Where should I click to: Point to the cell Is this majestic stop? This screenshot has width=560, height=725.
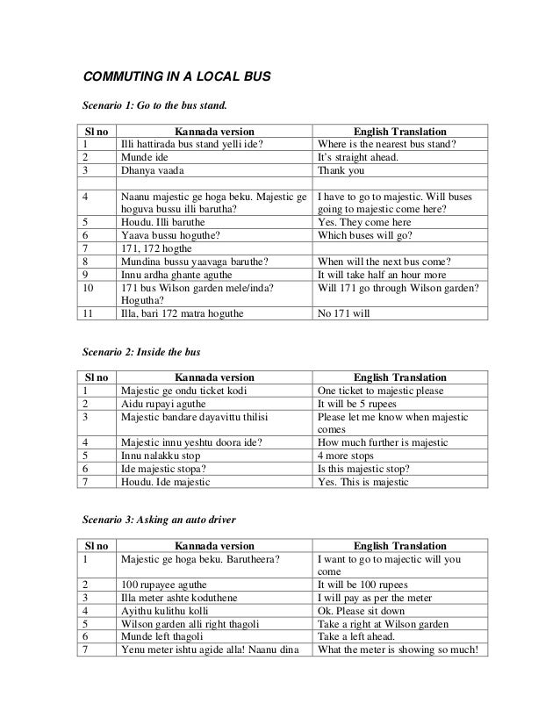pos(369,470)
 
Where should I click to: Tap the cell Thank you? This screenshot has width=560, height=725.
pos(345,172)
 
